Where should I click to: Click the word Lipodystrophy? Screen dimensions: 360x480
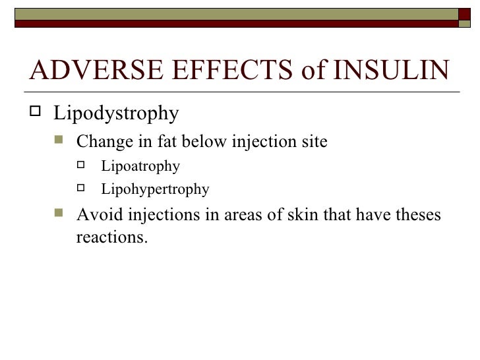point(116,114)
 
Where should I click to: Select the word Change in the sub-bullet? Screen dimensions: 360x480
point(105,142)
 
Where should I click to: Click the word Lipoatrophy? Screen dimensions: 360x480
point(140,167)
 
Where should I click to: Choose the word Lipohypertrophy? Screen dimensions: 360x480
point(155,191)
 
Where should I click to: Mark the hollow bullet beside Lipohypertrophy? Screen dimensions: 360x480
point(83,189)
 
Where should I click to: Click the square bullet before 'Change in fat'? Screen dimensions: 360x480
point(59,141)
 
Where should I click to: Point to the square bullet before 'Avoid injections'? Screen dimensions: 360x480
point(59,215)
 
